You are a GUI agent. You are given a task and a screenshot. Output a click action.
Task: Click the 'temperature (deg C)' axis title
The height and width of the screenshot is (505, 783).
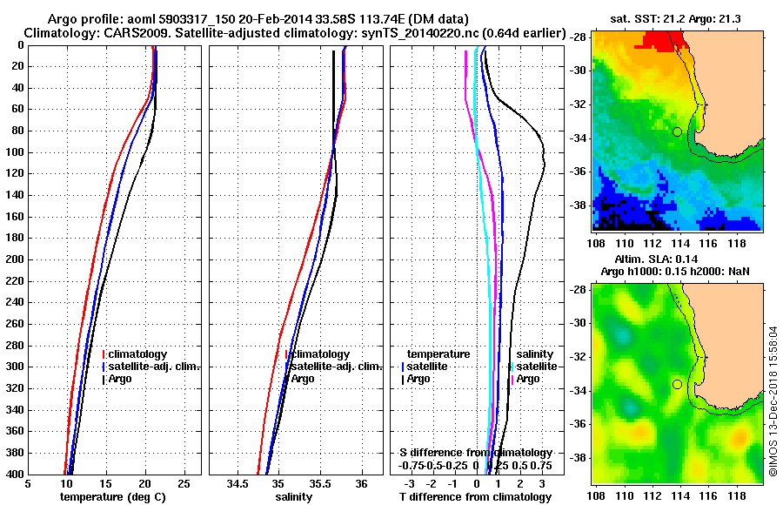[113, 496]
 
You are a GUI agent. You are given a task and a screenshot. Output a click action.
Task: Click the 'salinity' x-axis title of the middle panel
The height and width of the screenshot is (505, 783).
[293, 496]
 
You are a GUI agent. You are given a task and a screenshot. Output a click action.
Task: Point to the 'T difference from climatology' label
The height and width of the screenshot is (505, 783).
[475, 496]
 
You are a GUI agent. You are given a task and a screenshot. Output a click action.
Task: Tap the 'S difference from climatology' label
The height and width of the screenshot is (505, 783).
[476, 453]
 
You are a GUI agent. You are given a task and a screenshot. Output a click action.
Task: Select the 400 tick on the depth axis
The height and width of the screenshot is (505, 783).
[16, 475]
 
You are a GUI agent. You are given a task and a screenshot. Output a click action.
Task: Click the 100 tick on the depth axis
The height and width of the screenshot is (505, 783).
[16, 152]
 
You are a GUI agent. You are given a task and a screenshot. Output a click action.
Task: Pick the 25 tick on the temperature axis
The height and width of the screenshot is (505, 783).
[184, 483]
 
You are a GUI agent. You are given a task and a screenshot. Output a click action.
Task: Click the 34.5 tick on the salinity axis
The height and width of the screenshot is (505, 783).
[238, 483]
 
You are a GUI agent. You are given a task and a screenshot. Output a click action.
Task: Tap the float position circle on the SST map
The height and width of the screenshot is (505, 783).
[677, 131]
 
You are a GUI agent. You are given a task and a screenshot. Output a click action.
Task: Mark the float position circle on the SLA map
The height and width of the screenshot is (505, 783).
[677, 384]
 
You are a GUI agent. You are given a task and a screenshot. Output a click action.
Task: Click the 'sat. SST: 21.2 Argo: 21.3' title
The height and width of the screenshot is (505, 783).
[679, 19]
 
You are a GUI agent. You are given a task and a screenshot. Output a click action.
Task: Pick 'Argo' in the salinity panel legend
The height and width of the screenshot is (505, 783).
[303, 379]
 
